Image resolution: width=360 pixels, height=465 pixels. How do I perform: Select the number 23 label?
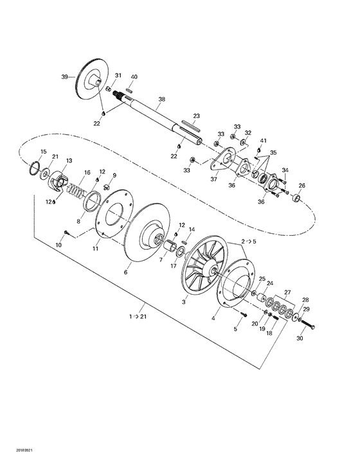pyautogui.click(x=197, y=116)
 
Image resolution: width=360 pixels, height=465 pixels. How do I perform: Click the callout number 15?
pyautogui.click(x=43, y=152)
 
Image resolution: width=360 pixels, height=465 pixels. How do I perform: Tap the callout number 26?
pyautogui.click(x=302, y=186)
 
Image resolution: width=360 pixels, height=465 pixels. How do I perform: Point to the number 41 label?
pyautogui.click(x=263, y=141)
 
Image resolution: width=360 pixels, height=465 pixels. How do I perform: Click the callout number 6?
pyautogui.click(x=125, y=272)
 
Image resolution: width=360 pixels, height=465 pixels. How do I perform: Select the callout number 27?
pyautogui.click(x=287, y=292)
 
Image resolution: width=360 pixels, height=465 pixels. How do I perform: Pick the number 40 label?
pyautogui.click(x=134, y=77)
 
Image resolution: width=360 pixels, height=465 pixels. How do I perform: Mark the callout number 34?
pyautogui.click(x=285, y=170)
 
